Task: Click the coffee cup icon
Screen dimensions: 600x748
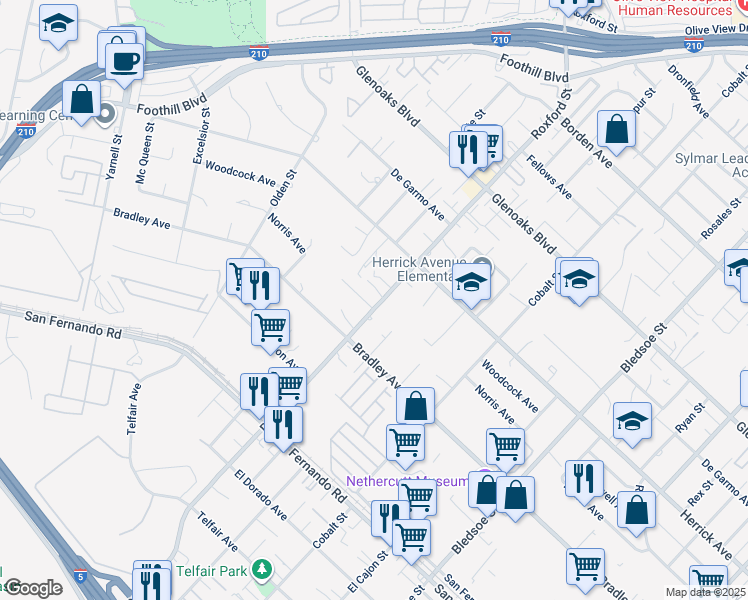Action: tap(125, 60)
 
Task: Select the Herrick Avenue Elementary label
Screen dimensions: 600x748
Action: tap(420, 267)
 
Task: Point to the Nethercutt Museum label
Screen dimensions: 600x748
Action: tap(407, 481)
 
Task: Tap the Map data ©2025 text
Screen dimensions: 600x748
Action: tap(706, 592)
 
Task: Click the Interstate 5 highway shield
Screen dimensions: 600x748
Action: tap(81, 577)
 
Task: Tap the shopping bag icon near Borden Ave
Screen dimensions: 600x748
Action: tap(617, 129)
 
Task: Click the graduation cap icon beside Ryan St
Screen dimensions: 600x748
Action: tap(632, 421)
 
